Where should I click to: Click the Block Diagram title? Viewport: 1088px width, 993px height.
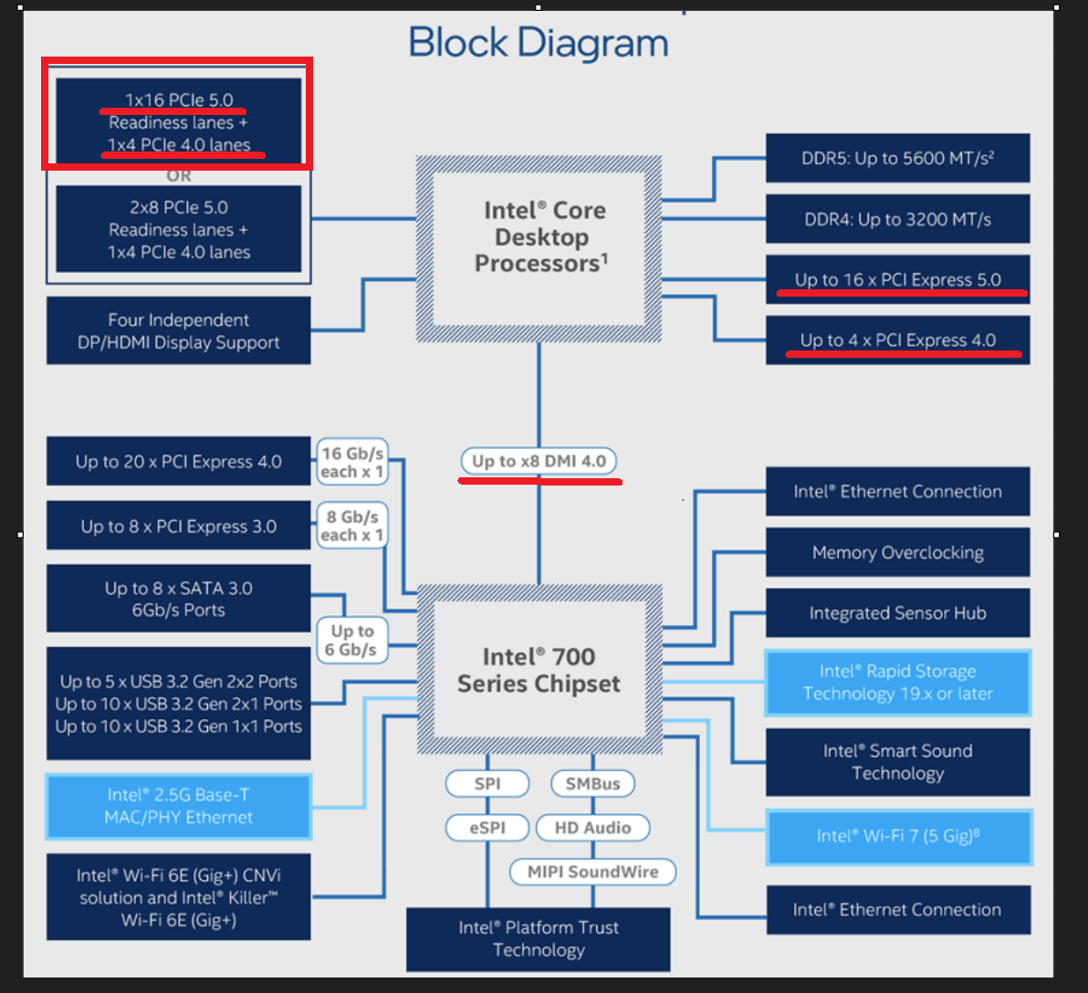(x=539, y=43)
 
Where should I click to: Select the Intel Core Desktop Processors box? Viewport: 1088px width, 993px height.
(x=539, y=237)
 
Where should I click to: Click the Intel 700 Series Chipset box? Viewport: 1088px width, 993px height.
(x=539, y=671)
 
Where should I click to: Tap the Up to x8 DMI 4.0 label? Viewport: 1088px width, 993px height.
(x=539, y=462)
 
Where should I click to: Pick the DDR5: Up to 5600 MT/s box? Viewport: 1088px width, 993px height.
(x=897, y=159)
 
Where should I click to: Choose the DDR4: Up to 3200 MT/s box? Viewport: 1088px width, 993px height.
(x=897, y=219)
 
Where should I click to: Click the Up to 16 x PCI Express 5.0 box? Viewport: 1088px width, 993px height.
(x=897, y=280)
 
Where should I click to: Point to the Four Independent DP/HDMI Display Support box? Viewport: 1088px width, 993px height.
(x=179, y=331)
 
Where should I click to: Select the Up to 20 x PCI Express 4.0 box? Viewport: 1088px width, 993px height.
(x=179, y=462)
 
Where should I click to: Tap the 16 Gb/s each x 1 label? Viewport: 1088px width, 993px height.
(x=351, y=463)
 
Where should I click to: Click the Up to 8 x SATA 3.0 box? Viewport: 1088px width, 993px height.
(x=179, y=599)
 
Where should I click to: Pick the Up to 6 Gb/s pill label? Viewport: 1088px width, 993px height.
(x=351, y=641)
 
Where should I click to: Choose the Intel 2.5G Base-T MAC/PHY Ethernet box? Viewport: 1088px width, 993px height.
(x=179, y=807)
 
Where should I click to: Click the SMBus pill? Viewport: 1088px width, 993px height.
(x=592, y=784)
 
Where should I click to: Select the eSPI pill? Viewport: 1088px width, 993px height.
(x=487, y=828)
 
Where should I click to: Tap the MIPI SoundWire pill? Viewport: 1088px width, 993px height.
(x=592, y=872)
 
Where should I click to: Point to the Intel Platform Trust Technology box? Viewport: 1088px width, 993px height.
(x=539, y=939)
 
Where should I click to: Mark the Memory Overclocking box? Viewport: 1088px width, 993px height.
(x=897, y=553)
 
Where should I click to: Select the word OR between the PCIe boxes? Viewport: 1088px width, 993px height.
(x=179, y=175)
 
